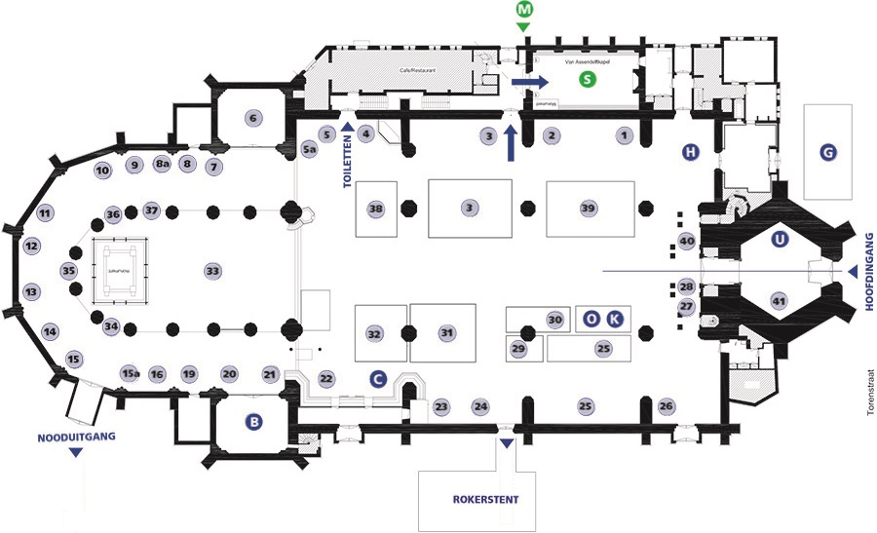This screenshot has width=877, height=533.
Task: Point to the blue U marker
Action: click(x=778, y=239)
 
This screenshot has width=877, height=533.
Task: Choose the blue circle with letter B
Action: click(x=254, y=422)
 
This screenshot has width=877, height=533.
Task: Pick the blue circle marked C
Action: click(x=378, y=376)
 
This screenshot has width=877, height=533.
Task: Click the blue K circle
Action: click(x=613, y=318)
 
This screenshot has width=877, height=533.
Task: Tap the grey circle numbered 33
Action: click(x=212, y=270)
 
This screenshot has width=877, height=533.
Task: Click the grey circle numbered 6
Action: click(x=253, y=119)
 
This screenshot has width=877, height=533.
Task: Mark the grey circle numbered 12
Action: click(x=32, y=247)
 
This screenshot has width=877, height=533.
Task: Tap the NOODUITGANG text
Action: click(x=77, y=437)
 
